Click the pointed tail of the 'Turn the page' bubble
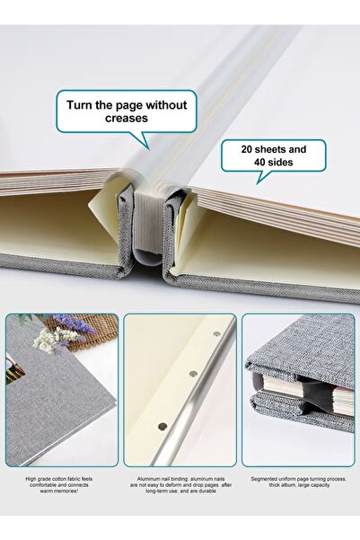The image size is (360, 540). click(143, 141)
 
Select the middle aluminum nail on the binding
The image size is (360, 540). click(193, 371)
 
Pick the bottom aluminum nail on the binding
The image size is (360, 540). click(162, 426)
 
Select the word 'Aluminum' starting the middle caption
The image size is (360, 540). click(149, 479)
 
